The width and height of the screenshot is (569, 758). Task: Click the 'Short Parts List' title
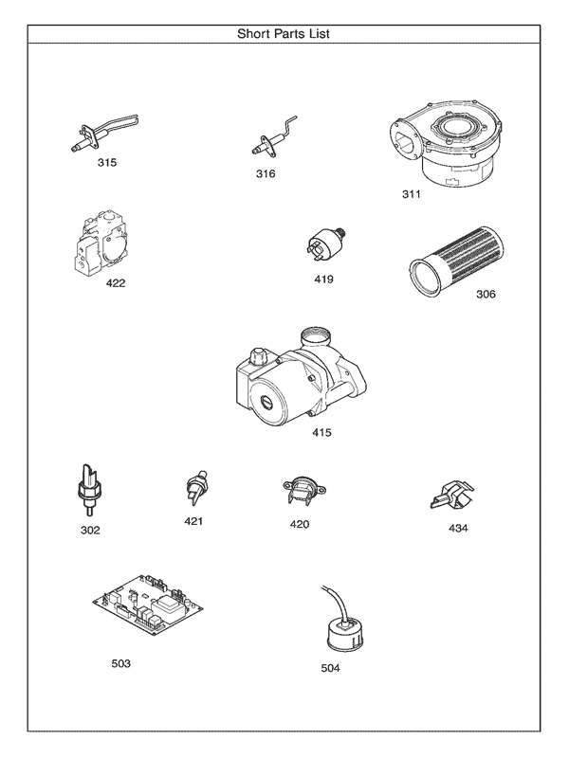pyautogui.click(x=284, y=33)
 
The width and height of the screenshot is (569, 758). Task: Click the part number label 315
pyautogui.click(x=107, y=163)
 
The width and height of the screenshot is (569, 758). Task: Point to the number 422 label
pyautogui.click(x=115, y=282)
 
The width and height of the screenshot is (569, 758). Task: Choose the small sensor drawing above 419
pyautogui.click(x=323, y=244)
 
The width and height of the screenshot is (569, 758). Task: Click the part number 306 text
pyautogui.click(x=486, y=294)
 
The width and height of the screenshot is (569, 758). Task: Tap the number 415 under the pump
pyautogui.click(x=323, y=434)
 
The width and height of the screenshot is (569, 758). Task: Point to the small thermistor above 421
pyautogui.click(x=196, y=487)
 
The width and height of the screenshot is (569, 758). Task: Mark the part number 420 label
pyautogui.click(x=300, y=524)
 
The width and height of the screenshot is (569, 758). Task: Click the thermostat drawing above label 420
pyautogui.click(x=301, y=491)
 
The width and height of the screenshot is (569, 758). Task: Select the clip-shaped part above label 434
pyautogui.click(x=450, y=495)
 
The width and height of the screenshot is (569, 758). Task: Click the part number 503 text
pyautogui.click(x=120, y=663)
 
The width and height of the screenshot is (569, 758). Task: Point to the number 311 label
pyautogui.click(x=411, y=194)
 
